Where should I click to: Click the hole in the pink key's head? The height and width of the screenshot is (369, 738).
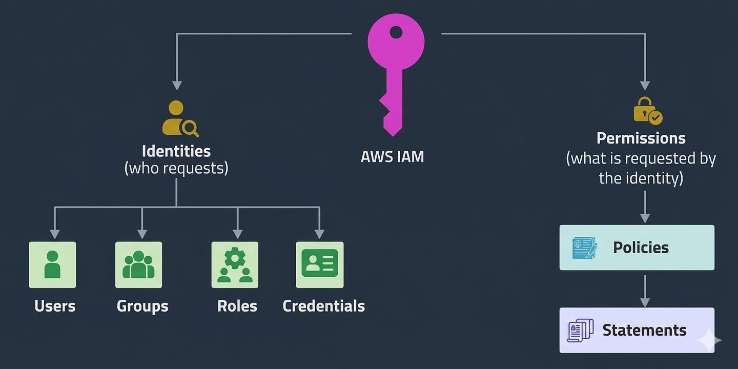(396, 33)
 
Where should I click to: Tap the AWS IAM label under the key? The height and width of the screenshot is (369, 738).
(393, 156)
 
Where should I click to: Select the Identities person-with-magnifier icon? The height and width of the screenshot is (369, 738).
(180, 119)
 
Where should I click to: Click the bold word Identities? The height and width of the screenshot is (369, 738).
(176, 151)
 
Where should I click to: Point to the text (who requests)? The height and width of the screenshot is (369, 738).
(176, 168)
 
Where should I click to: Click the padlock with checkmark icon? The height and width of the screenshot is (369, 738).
(647, 111)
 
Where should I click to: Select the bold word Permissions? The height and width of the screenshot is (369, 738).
(641, 138)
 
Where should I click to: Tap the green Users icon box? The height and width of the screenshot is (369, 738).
(52, 264)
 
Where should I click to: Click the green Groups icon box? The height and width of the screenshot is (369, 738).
(138, 264)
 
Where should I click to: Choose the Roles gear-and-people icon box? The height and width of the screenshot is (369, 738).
(235, 264)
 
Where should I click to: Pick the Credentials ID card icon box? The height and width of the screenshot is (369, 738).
(320, 264)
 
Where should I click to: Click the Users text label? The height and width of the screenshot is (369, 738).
(55, 306)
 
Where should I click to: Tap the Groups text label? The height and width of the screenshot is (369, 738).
(142, 306)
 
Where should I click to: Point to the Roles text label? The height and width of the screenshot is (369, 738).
(237, 306)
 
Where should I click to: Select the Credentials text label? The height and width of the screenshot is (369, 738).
(324, 306)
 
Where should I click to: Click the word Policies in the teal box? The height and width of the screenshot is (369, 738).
(641, 248)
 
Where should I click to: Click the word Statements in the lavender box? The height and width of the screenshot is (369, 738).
(644, 330)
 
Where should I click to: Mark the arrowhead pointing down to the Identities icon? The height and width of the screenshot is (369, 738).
(177, 85)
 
